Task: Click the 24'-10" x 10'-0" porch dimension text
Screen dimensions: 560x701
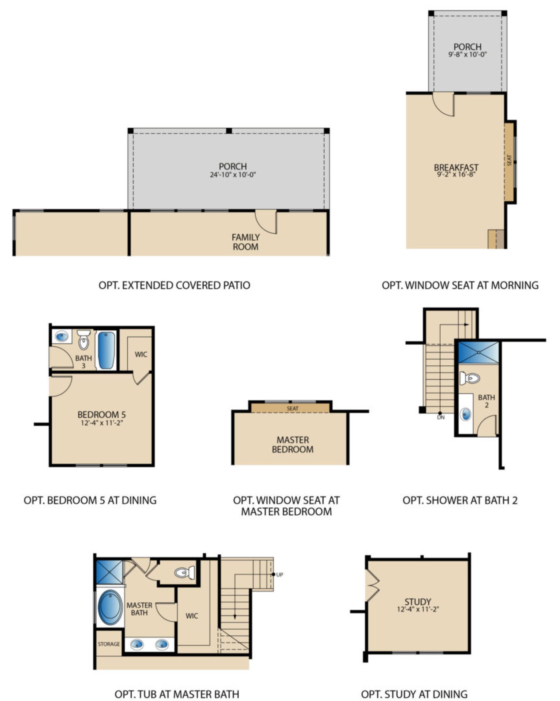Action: pos(233,175)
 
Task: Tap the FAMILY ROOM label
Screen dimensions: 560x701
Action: pos(245,242)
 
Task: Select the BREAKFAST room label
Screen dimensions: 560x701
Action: pos(456,168)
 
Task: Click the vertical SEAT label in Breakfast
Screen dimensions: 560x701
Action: pos(509,160)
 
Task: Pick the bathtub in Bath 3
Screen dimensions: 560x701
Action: pos(106,350)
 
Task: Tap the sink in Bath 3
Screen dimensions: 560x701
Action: pos(62,336)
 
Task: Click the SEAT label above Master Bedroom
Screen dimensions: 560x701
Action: pos(292,408)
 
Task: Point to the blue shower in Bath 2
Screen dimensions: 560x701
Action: pos(478,353)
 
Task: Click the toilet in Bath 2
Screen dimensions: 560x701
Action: pos(470,379)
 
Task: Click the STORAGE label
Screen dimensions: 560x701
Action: pos(109,644)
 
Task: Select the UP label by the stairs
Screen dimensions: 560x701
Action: pos(279,575)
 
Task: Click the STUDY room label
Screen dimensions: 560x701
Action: pos(418,601)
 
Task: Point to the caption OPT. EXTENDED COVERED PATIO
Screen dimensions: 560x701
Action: pos(174,285)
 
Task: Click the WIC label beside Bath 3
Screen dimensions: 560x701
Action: pos(141,354)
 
